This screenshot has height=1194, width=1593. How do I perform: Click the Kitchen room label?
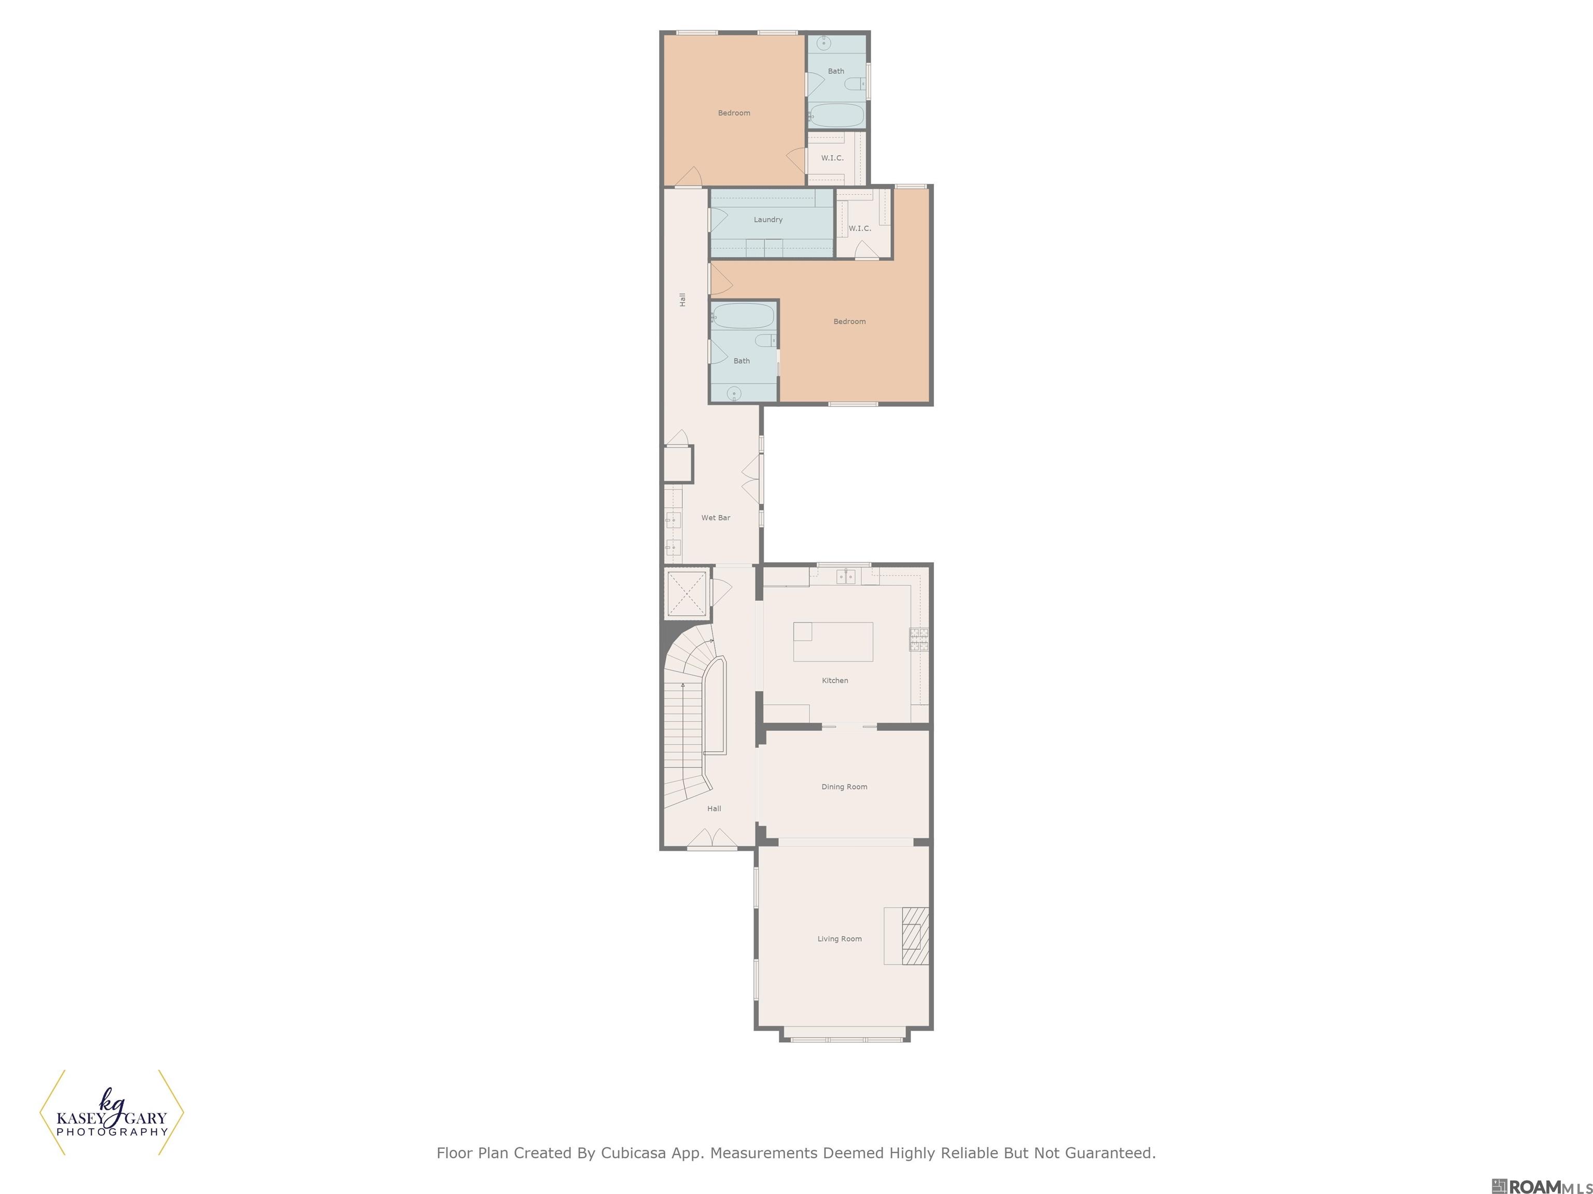[x=835, y=680]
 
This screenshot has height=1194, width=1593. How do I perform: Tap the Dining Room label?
[x=844, y=787]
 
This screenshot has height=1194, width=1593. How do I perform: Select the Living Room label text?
[x=839, y=939]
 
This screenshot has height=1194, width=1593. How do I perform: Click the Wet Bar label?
[x=715, y=518]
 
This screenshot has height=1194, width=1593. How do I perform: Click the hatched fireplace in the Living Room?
[x=915, y=935]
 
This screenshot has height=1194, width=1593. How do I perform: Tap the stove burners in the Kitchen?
[x=918, y=639]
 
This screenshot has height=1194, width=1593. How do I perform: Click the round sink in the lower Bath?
[x=734, y=393]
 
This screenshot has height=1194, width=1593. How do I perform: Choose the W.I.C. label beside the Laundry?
[x=859, y=228]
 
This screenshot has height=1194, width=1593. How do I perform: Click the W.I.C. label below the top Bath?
[x=832, y=158]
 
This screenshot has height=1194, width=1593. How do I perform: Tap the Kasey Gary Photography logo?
[x=111, y=1113]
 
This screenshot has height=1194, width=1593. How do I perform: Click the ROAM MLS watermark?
[x=1542, y=1186]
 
